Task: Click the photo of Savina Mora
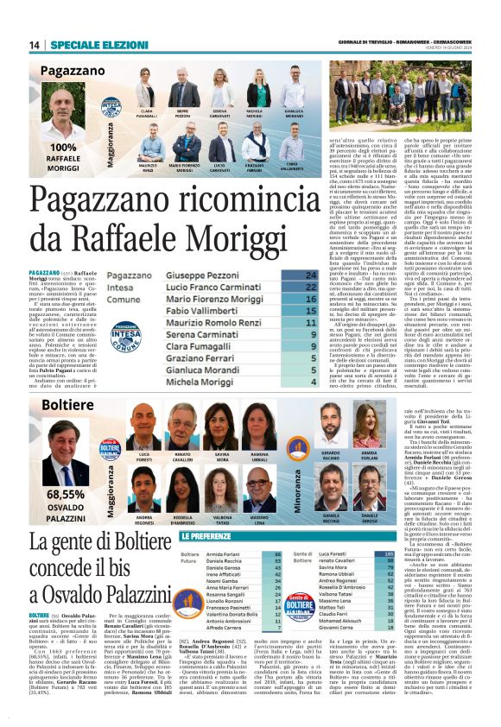[222, 439]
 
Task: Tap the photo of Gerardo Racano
[332, 434]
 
